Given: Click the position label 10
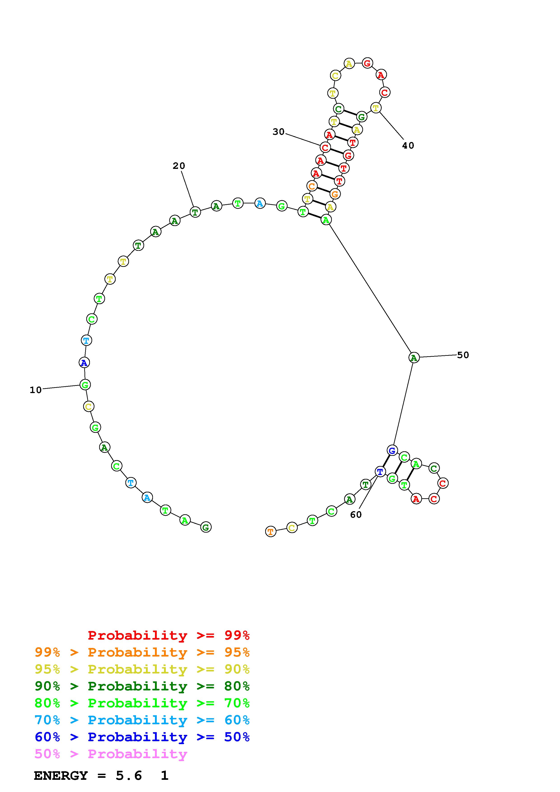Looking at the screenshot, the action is point(35,390).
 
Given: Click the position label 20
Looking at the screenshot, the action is point(179,166).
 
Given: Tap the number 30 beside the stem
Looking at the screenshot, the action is point(279,132).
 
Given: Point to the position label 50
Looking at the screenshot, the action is point(463,355).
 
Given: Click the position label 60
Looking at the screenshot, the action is point(356,515).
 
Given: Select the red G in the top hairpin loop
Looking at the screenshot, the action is point(367,63).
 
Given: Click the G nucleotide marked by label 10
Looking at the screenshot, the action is point(85,385).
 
